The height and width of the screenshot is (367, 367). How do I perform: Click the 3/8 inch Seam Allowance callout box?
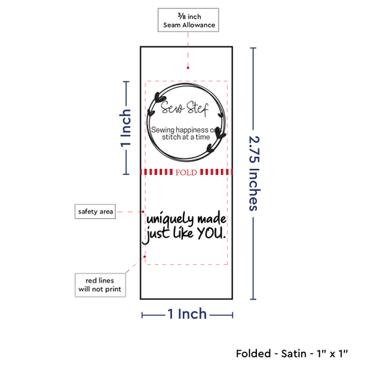(x=188, y=20)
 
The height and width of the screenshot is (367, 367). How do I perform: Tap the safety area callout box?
(x=95, y=212)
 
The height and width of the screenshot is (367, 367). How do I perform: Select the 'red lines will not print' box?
(x=100, y=285)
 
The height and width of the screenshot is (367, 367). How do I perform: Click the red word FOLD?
(x=186, y=173)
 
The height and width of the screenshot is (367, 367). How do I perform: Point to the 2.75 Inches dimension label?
(x=254, y=173)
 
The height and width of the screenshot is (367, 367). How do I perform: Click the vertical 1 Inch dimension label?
(x=125, y=128)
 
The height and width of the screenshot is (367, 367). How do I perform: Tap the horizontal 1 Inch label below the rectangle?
(x=188, y=314)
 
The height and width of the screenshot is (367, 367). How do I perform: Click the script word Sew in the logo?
(x=171, y=107)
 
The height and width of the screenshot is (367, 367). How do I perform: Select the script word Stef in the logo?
(x=197, y=109)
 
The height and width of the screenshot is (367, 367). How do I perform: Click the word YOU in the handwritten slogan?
(x=212, y=233)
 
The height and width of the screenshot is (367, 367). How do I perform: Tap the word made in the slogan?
(x=212, y=218)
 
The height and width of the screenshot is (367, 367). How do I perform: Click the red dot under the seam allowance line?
(x=188, y=68)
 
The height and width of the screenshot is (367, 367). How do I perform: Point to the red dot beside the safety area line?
(x=143, y=212)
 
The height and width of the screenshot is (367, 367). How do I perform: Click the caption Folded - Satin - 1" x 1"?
(x=292, y=354)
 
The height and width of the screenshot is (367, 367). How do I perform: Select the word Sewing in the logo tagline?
(x=163, y=130)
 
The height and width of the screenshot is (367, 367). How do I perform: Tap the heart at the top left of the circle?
(x=159, y=97)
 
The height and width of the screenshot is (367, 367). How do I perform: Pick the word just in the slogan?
(x=156, y=234)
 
